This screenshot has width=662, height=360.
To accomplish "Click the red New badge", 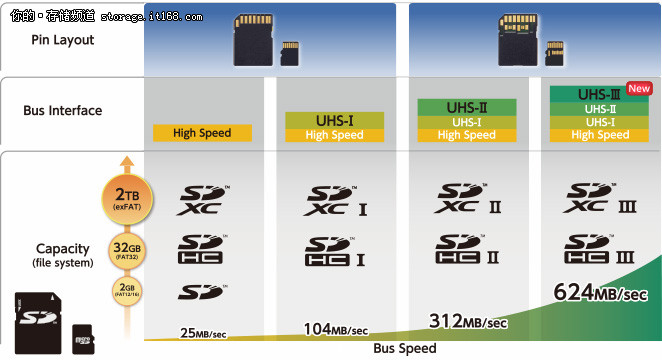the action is point(638,88).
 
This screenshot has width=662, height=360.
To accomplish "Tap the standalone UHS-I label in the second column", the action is point(334,120).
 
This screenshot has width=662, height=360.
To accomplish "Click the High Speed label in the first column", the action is point(202,133).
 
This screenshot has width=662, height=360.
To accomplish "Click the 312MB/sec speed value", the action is point(469,321).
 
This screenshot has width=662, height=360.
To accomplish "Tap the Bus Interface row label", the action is point(62,110).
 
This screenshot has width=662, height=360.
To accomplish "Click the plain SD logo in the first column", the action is point(203,291).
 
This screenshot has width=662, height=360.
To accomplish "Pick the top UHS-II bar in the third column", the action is point(467,106).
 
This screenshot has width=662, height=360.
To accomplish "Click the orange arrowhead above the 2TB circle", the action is point(126,163).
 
